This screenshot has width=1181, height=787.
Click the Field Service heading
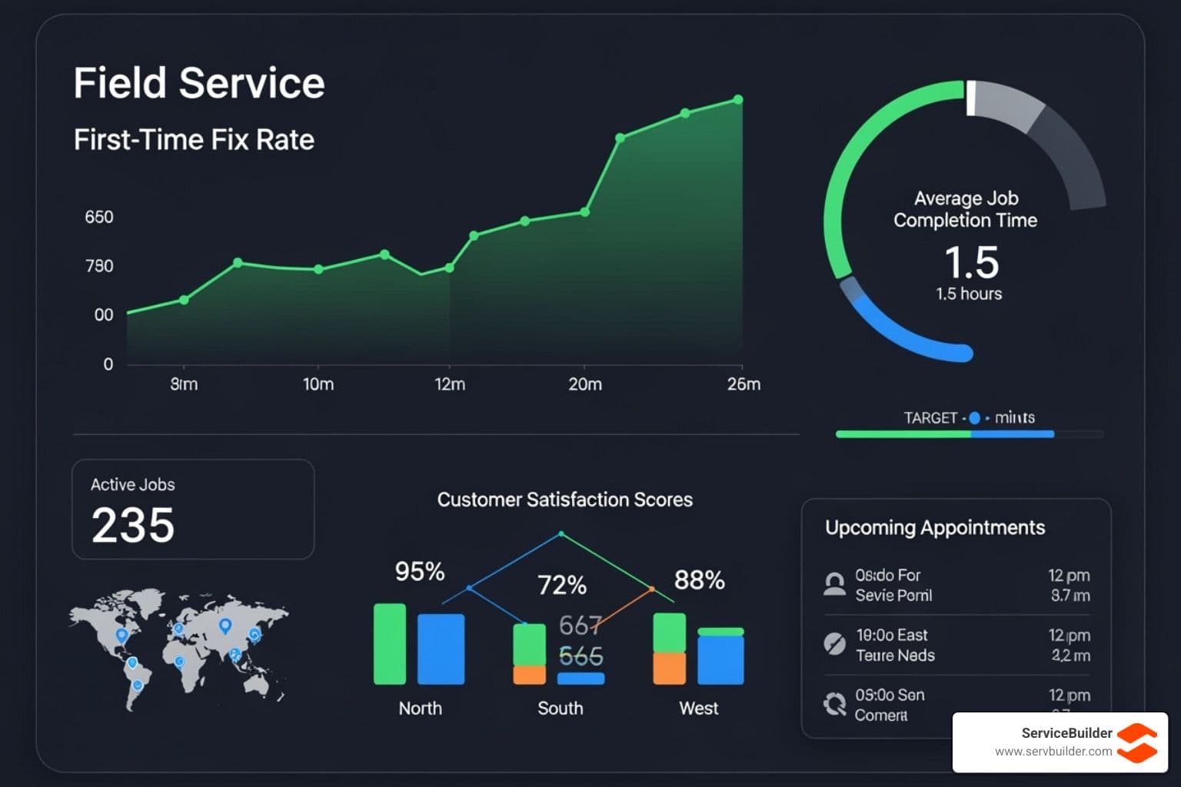click(x=199, y=83)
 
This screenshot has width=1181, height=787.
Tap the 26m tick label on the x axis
click(x=744, y=384)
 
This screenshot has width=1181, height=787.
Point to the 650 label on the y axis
click(x=99, y=218)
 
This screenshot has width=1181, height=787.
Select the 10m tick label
click(x=318, y=384)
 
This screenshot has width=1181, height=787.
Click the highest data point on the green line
click(x=738, y=100)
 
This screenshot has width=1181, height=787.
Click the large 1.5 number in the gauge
click(x=971, y=263)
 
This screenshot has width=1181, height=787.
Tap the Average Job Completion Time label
click(x=966, y=209)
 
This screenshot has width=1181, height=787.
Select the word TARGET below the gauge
click(x=930, y=418)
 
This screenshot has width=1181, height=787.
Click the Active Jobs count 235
click(x=133, y=526)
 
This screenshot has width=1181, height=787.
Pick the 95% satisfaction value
click(x=420, y=572)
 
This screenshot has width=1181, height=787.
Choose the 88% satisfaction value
click(x=699, y=580)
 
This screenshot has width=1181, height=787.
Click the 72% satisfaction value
click(x=562, y=586)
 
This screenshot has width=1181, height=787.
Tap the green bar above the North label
click(x=390, y=644)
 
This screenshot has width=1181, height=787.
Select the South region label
click(x=561, y=709)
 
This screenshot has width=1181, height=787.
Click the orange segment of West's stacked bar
click(x=669, y=668)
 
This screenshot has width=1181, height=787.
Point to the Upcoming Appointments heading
click(x=935, y=528)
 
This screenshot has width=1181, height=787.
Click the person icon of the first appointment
click(x=834, y=584)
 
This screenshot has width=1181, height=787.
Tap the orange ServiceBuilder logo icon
click(x=1137, y=742)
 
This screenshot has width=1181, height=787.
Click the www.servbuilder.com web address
click(x=1053, y=752)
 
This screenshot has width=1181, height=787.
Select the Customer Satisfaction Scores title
click(x=565, y=500)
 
